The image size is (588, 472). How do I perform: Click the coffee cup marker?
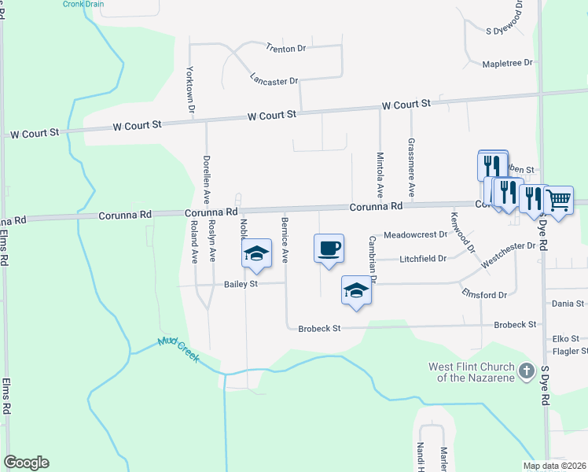pos(329,248)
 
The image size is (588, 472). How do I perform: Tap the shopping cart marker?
pos(558,201)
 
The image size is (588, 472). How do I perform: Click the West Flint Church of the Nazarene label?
pos(471,372)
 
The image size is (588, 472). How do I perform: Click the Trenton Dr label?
pos(285,49)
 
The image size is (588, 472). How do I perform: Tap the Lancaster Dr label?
pos(274,80)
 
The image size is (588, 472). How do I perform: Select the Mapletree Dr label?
pos(508,63)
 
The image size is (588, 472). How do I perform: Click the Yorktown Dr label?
pos(189,90)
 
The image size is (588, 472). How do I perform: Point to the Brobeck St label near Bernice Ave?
pos(319,328)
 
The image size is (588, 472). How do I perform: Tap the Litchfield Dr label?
pos(422,258)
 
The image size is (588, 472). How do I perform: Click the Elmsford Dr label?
pos(485,294)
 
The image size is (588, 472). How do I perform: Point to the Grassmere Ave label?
pos(411,168)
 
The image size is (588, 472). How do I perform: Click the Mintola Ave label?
pos(380,174)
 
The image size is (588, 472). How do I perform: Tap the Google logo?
pos(26,463)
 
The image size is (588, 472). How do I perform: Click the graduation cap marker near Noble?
pos(255,254)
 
